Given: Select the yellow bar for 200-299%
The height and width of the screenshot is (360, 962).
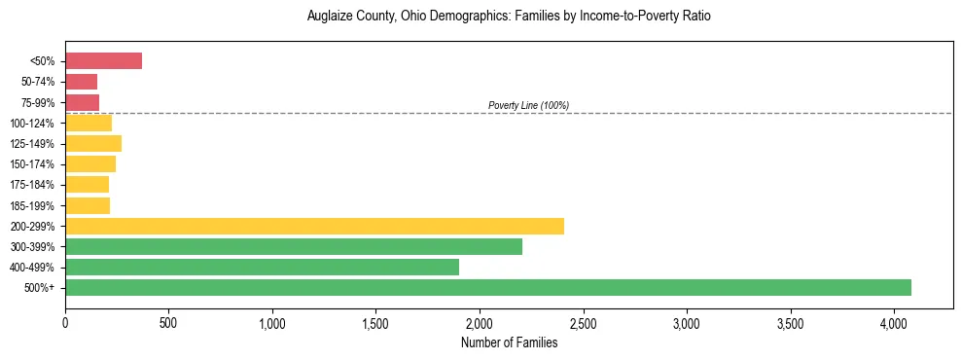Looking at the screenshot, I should click(x=314, y=226).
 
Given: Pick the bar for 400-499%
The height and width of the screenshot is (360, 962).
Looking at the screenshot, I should click(x=262, y=267).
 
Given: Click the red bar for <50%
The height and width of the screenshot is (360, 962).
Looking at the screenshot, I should click(x=103, y=60).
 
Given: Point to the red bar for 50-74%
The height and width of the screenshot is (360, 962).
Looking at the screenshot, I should click(x=81, y=82).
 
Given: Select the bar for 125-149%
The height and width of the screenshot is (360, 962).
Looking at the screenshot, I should click(x=93, y=143).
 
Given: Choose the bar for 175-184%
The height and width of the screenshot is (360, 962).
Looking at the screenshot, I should click(x=87, y=185).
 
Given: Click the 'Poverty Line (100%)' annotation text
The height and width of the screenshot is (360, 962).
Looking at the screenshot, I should click(x=528, y=105).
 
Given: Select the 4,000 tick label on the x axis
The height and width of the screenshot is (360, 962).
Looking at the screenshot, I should click(x=895, y=322).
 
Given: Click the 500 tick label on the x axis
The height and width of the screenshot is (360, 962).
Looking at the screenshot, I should click(x=168, y=322).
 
